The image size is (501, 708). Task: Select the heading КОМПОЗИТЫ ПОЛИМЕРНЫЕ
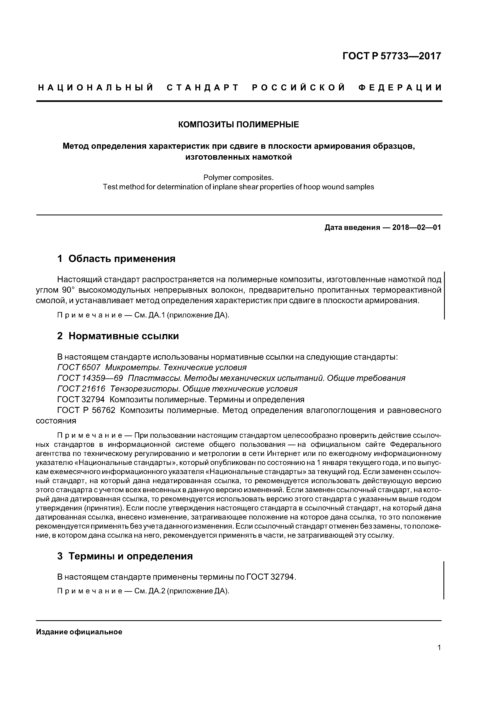click(x=239, y=125)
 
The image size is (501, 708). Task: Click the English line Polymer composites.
click(x=238, y=178)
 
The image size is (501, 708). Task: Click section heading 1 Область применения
click(x=116, y=258)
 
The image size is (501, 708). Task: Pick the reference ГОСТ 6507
click(x=79, y=368)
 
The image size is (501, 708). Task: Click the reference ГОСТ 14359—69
click(x=90, y=378)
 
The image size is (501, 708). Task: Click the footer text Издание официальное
click(x=79, y=632)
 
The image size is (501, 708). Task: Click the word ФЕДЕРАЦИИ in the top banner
click(x=400, y=88)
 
